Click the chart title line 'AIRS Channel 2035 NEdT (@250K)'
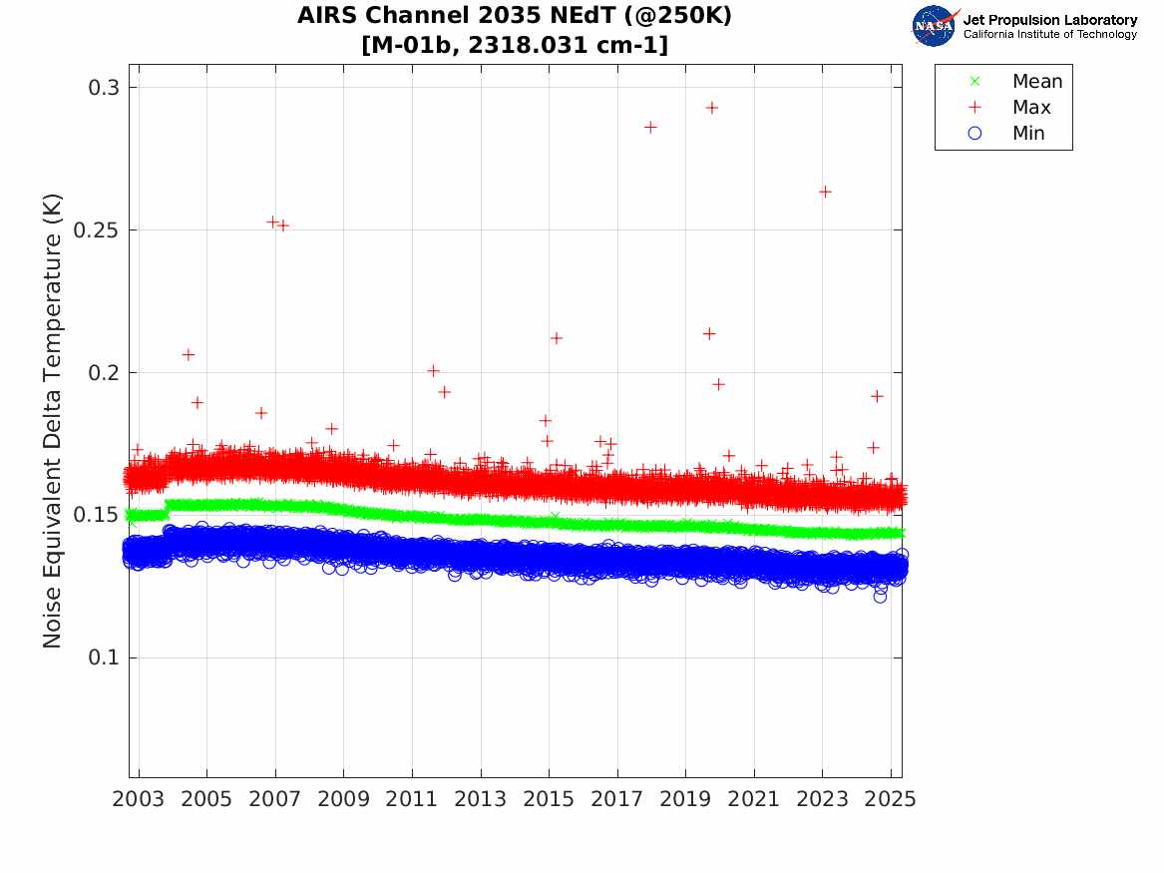pyautogui.click(x=515, y=17)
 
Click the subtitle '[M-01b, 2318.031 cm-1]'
pyautogui.click(x=515, y=45)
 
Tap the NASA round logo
pyautogui.click(x=935, y=26)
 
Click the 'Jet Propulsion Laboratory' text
pyautogui.click(x=1049, y=20)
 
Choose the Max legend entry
pyautogui.click(x=1030, y=108)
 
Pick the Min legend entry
pyautogui.click(x=1028, y=134)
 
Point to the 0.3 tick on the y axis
pyautogui.click(x=101, y=88)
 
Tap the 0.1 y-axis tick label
pyautogui.click(x=101, y=658)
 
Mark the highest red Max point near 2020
pyautogui.click(x=712, y=108)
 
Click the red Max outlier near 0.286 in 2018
pyautogui.click(x=650, y=127)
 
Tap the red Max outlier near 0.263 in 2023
pyautogui.click(x=825, y=192)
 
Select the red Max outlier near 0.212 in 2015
pyautogui.click(x=557, y=338)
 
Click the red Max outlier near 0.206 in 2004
pyautogui.click(x=189, y=354)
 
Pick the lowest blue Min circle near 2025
pyautogui.click(x=880, y=597)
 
